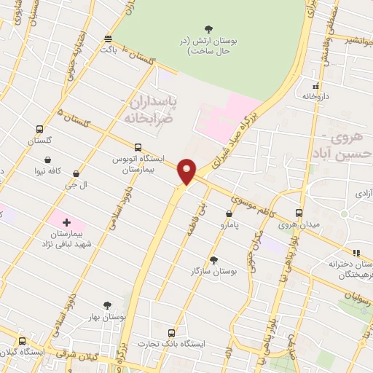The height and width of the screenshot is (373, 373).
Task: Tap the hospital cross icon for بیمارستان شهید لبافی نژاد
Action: pyautogui.click(x=66, y=221)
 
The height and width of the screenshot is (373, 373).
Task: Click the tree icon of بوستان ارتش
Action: pyautogui.click(x=209, y=29)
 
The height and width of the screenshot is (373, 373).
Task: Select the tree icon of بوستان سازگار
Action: pyautogui.click(x=213, y=259)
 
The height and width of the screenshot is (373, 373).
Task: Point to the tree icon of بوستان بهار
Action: pyautogui.click(x=108, y=305)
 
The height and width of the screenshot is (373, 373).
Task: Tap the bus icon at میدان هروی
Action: pyautogui.click(x=299, y=213)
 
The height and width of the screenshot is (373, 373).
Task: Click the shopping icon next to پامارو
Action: pyautogui.click(x=229, y=214)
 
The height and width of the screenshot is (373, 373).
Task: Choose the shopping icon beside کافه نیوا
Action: pyautogui.click(x=48, y=160)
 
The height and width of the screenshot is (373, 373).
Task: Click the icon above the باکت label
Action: pyautogui.click(x=109, y=39)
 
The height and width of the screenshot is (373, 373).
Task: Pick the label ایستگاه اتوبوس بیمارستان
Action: pyautogui.click(x=138, y=162)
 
